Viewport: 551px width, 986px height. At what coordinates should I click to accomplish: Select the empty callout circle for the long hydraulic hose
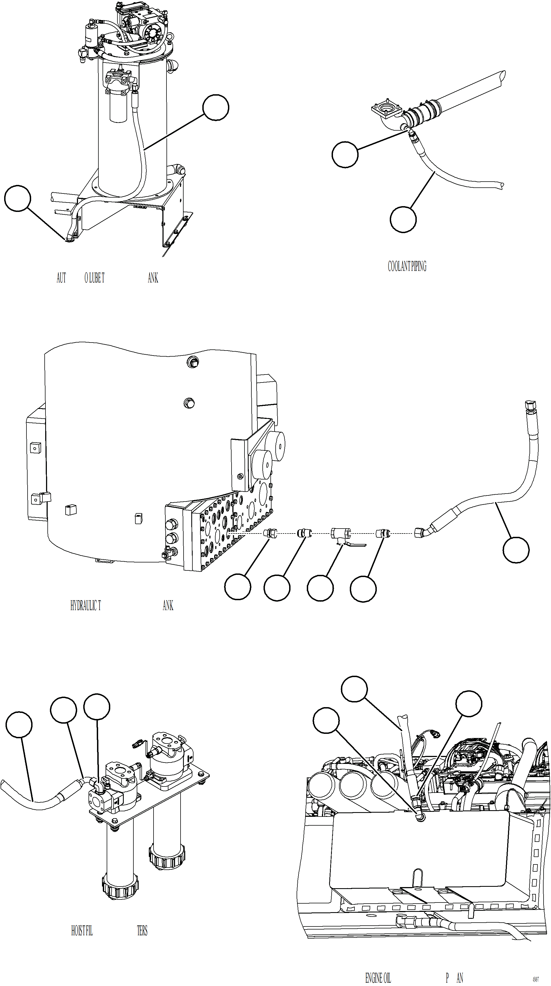tap(515, 550)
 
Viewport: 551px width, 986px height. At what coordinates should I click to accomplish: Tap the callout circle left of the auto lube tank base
tap(18, 198)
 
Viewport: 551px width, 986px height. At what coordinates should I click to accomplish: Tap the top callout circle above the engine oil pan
tap(354, 689)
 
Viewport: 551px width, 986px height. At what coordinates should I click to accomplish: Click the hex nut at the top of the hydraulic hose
tap(531, 405)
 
